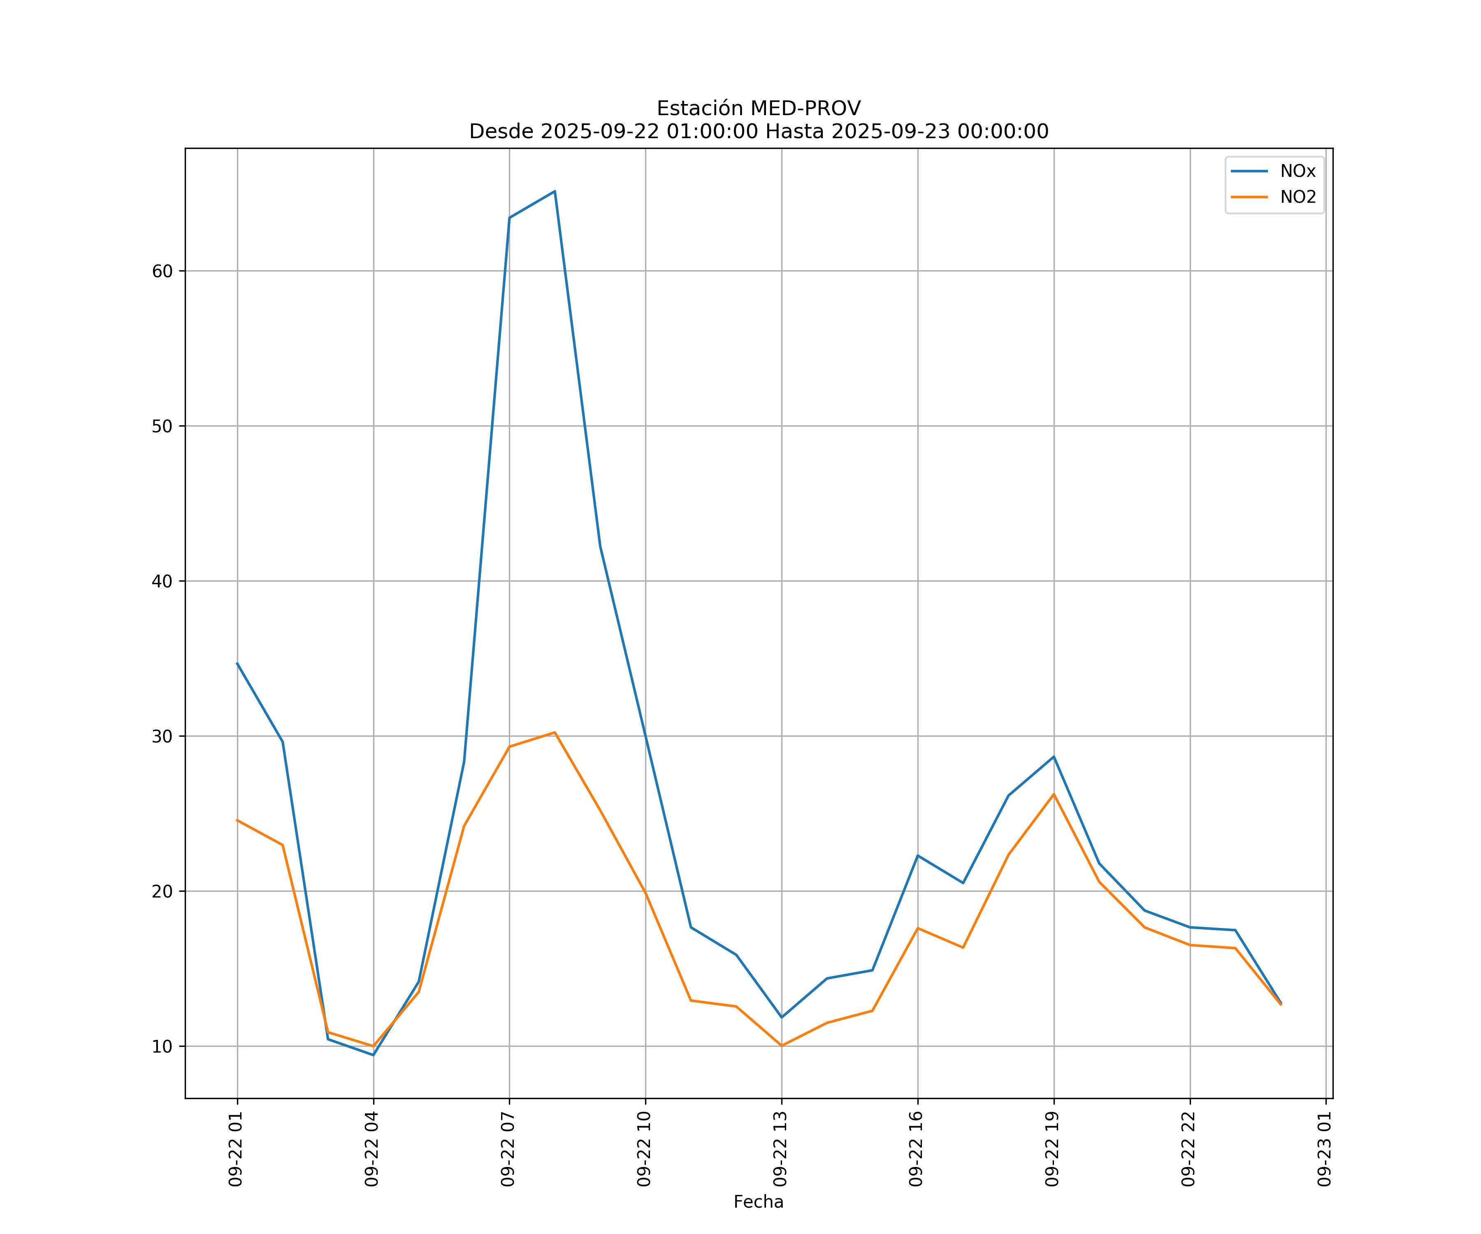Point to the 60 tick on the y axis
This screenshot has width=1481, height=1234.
(x=162, y=271)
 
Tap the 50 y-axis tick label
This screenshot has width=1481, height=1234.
(x=162, y=426)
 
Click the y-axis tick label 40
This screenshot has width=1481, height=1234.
(x=162, y=581)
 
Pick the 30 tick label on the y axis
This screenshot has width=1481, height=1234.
(x=162, y=736)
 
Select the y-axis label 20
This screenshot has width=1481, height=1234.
(x=162, y=891)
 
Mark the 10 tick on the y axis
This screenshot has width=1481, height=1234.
(x=162, y=1046)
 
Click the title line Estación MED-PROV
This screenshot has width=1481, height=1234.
(x=758, y=109)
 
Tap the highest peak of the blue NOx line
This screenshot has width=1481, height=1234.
(x=555, y=191)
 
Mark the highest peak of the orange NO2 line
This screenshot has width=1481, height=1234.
(x=555, y=733)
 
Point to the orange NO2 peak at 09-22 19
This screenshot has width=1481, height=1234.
(x=1054, y=794)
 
